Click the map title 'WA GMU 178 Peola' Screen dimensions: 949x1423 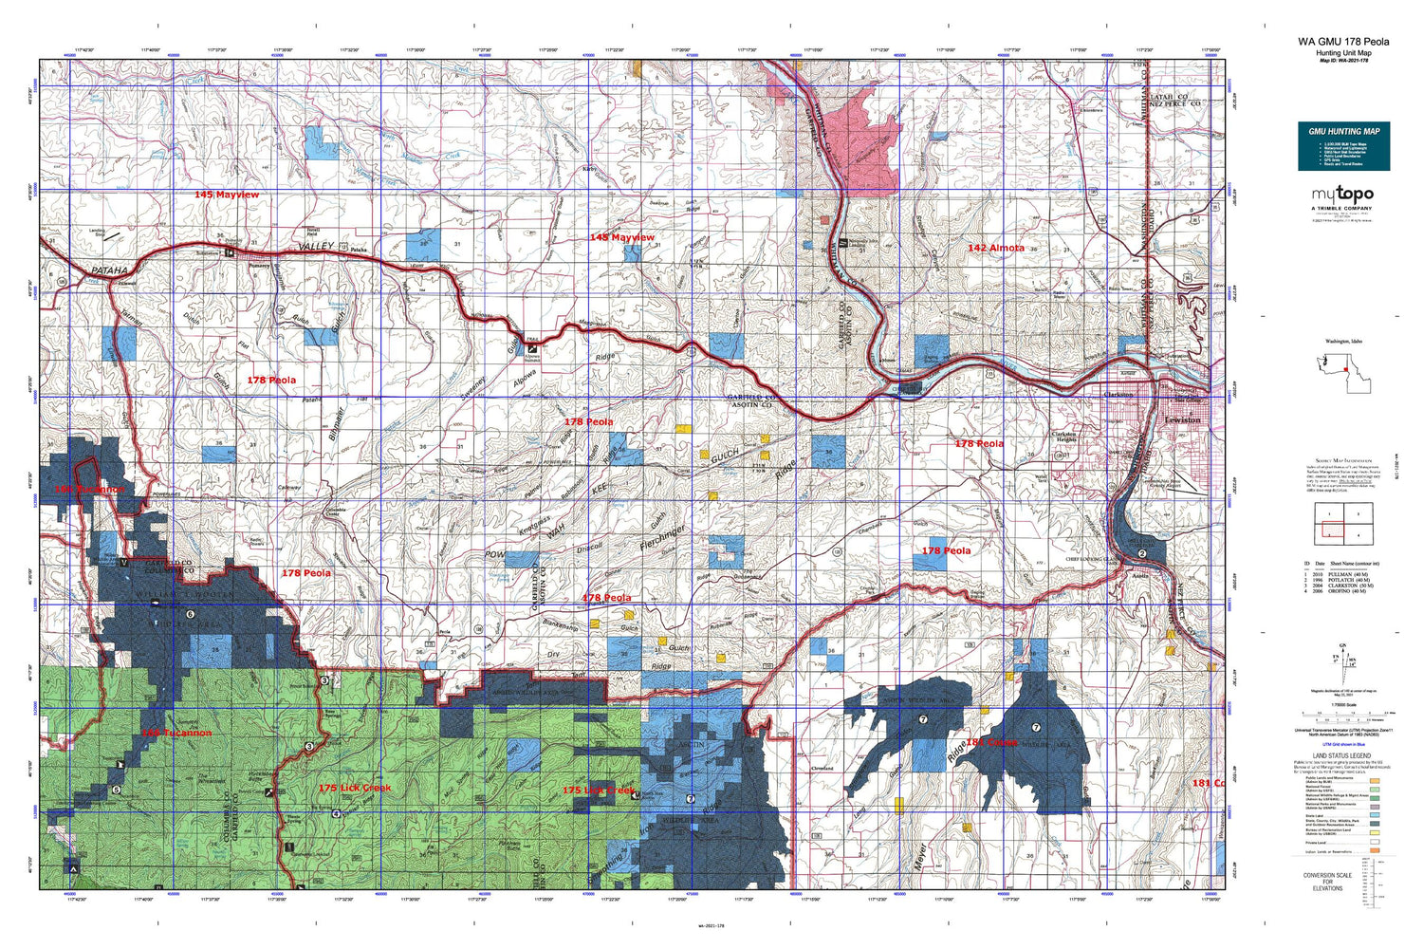tap(1343, 42)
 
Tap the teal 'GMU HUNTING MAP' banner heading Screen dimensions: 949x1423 tap(1343, 131)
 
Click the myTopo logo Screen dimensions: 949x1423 tap(1342, 195)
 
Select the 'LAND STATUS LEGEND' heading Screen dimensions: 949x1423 tap(1342, 755)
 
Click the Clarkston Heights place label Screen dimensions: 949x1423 tap(1063, 437)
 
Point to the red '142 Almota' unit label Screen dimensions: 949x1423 tap(995, 248)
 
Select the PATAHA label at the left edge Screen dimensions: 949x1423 tap(110, 270)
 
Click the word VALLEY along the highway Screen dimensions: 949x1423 tap(316, 247)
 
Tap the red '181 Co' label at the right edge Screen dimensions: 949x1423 tap(1207, 783)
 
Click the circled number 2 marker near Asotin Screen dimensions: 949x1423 tap(1142, 553)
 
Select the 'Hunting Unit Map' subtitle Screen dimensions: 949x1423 tap(1342, 52)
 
